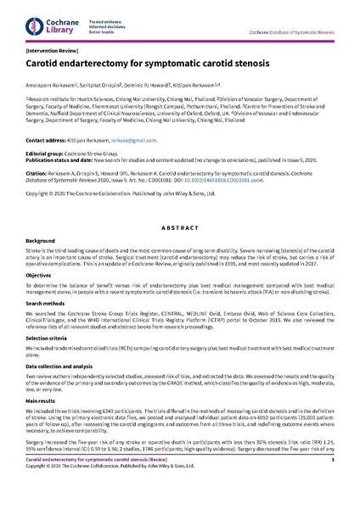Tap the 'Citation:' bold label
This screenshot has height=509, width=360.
click(37, 180)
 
